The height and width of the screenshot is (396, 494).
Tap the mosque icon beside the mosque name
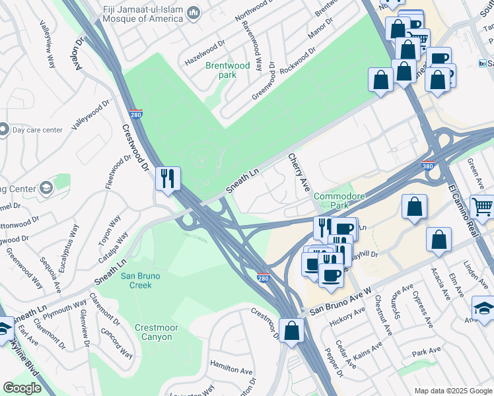(x=194, y=13)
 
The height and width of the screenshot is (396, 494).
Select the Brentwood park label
(x=228, y=70)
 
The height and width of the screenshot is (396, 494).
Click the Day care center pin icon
(x=4, y=129)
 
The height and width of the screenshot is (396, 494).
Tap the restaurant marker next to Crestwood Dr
(x=168, y=178)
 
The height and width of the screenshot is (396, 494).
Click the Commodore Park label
(x=339, y=201)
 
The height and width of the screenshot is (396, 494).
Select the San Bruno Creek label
(x=136, y=280)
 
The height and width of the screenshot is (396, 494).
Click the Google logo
(x=22, y=388)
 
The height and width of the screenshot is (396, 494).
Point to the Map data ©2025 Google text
(x=453, y=391)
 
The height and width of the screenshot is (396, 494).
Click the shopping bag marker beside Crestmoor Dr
(x=291, y=331)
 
